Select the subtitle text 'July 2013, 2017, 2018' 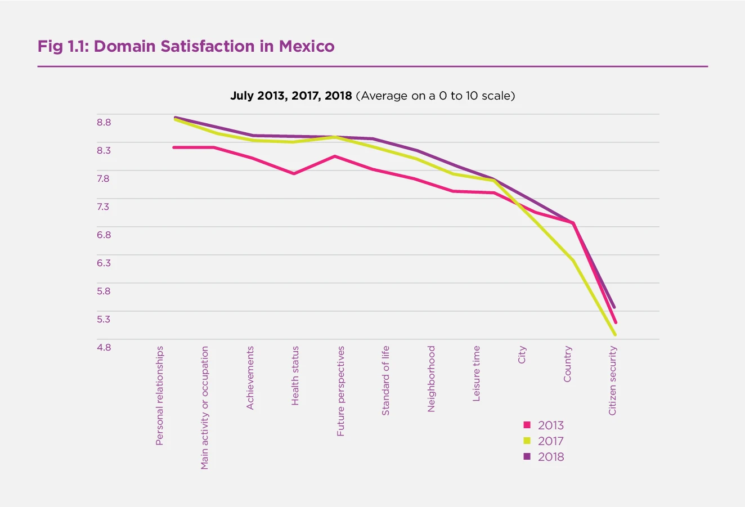(290, 96)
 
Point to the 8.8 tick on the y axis (104, 122)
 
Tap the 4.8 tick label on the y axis (104, 347)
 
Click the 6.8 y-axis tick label (104, 235)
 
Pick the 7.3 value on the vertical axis (104, 207)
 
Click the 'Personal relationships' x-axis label (160, 396)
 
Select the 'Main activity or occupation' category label (205, 407)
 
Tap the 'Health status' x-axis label (295, 376)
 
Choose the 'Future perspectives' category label (341, 391)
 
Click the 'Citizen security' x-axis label (613, 380)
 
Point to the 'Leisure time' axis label (477, 373)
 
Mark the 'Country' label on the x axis (567, 364)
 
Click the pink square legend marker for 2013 (527, 425)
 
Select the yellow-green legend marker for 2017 (527, 441)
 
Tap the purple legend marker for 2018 (527, 456)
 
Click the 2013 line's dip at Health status (294, 173)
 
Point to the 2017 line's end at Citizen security (616, 335)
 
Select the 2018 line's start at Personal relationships (175, 117)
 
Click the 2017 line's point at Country (573, 260)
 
